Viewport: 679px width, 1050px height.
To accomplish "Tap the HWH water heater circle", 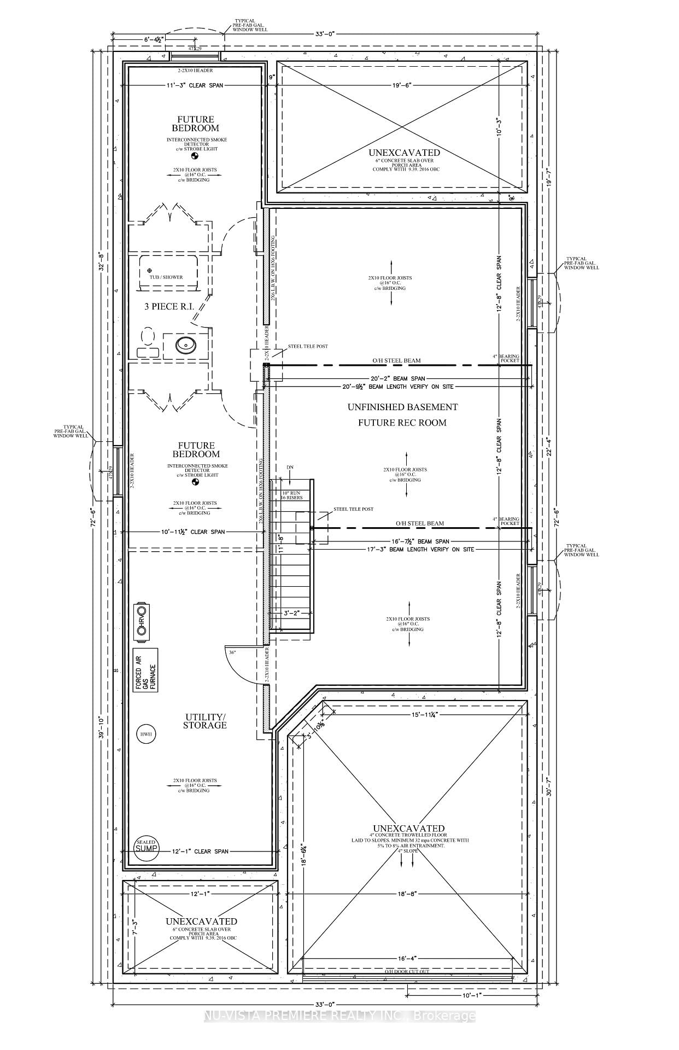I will point(145,734).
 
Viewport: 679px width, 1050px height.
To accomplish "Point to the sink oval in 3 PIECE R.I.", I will point(186,345).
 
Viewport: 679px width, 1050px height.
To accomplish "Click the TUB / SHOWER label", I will point(166,277).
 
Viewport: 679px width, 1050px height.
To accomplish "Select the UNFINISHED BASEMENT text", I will point(403,407).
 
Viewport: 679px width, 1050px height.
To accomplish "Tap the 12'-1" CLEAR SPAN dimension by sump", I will point(200,851).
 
